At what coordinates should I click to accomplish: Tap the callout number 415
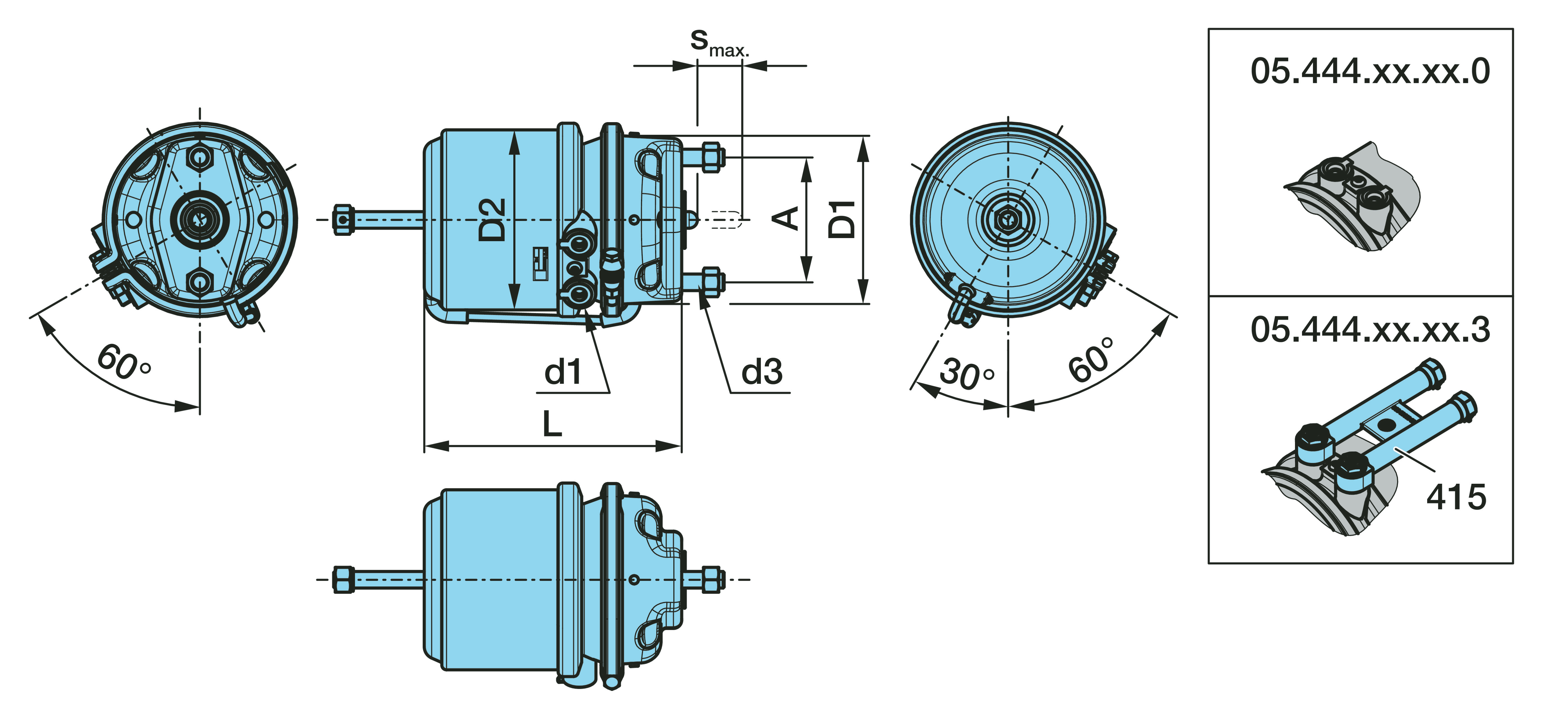(x=1456, y=497)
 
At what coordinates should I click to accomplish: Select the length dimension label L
(x=552, y=424)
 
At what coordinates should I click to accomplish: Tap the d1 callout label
(x=563, y=372)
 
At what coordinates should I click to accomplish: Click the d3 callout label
(x=761, y=372)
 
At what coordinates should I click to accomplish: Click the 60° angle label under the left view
(x=123, y=362)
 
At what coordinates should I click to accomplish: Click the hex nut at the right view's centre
(x=1008, y=220)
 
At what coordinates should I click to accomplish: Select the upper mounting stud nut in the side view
(x=712, y=156)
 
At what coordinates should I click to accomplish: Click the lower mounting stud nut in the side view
(x=712, y=281)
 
